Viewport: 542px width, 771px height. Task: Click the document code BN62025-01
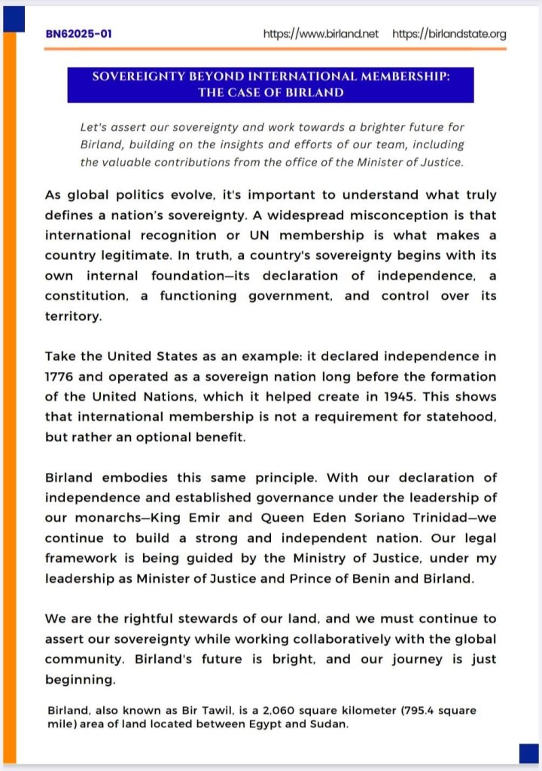[x=79, y=35]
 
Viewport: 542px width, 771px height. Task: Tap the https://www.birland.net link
[x=321, y=35]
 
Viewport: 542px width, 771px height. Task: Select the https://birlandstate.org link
[x=449, y=35]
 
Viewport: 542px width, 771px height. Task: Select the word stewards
[x=202, y=619]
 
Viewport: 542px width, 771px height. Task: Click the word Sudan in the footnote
[x=332, y=724]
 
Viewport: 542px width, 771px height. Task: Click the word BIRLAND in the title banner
[x=315, y=93]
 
